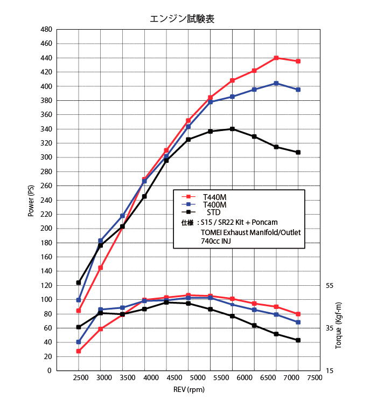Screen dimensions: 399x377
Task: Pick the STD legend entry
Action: [213, 212]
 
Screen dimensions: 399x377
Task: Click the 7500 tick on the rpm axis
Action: [314, 377]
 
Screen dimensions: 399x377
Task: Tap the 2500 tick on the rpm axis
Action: [79, 377]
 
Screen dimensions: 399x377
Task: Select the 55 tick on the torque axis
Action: [330, 285]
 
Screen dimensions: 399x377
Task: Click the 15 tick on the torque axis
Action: [330, 370]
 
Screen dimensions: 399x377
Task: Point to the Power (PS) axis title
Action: [31, 200]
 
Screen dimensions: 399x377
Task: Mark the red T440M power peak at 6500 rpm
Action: [276, 58]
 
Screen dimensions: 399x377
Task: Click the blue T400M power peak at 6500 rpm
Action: [276, 83]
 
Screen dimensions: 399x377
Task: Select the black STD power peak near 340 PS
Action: [232, 129]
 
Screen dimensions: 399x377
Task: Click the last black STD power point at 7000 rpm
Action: [298, 152]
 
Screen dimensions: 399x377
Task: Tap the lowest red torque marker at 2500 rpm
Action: [79, 351]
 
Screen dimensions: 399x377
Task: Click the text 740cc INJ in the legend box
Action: [219, 242]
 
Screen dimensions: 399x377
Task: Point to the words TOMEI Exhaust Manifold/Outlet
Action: [250, 232]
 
